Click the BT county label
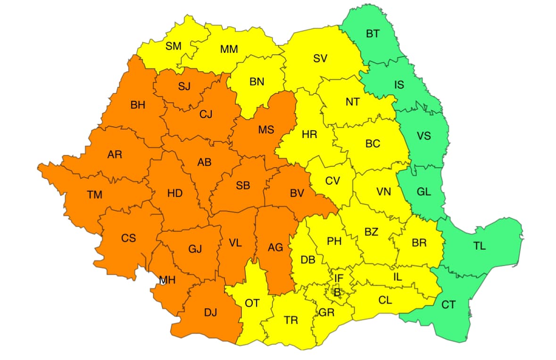[373, 33]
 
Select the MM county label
[229, 49]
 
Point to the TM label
[94, 195]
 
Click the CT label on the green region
[448, 305]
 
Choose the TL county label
[479, 246]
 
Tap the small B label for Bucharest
[337, 292]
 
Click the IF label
[339, 279]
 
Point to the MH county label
[167, 280]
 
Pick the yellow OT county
[252, 303]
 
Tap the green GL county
[423, 192]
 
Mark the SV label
[320, 58]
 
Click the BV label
[297, 192]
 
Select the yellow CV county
[332, 180]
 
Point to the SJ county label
[184, 86]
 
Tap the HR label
[309, 135]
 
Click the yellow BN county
[257, 82]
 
